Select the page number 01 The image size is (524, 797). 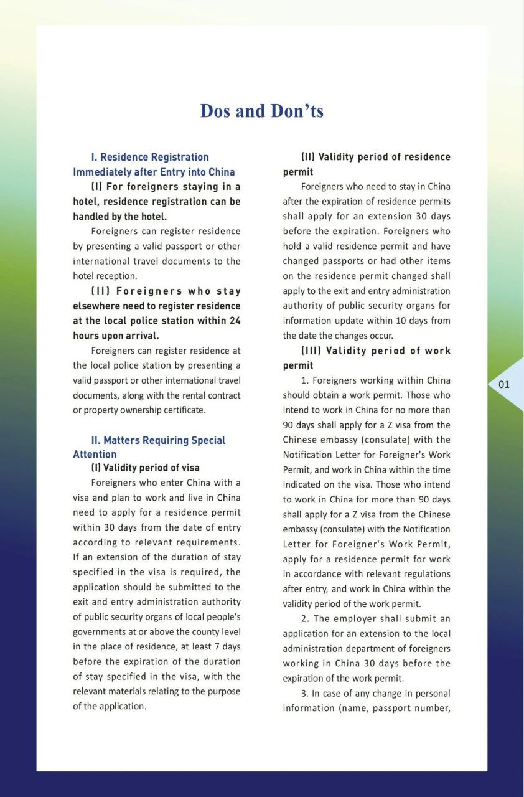pos(504,384)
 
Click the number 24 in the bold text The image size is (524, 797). pos(234,321)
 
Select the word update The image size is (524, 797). pos(346,321)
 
